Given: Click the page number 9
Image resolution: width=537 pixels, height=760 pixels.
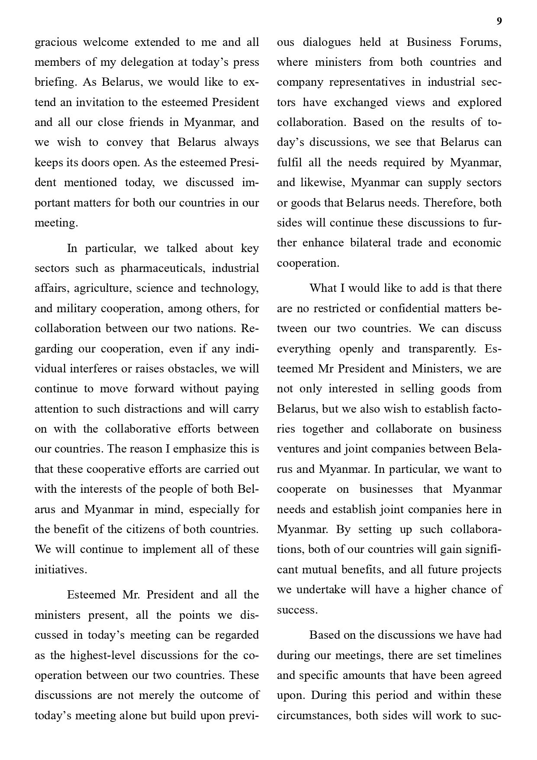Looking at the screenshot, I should pyautogui.click(x=499, y=22).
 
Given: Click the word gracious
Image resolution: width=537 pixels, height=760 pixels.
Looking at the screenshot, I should pyautogui.click(x=56, y=42).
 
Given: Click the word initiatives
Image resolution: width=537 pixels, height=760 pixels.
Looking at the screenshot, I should pyautogui.click(x=61, y=570).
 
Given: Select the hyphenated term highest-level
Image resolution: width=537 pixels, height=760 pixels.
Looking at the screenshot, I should pyautogui.click(x=103, y=656).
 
